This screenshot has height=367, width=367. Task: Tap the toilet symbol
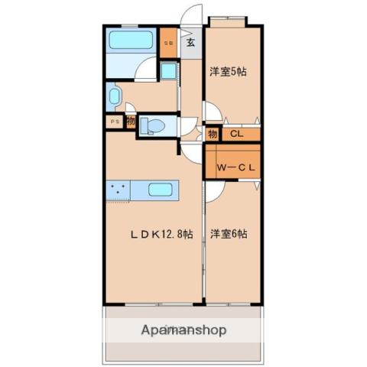[154, 125]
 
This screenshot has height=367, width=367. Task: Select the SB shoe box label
[170, 43]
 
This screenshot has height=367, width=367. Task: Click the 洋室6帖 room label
[229, 233]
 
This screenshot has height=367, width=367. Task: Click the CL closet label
[236, 135]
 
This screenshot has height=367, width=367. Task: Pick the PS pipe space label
[115, 121]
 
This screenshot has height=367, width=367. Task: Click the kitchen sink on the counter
[160, 189]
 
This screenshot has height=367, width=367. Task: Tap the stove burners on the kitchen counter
[119, 189]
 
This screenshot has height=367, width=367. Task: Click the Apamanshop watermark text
[183, 330]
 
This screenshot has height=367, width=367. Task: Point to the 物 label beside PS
[131, 120]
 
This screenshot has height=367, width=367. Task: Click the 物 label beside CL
[213, 135]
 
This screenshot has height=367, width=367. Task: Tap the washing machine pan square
[168, 73]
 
